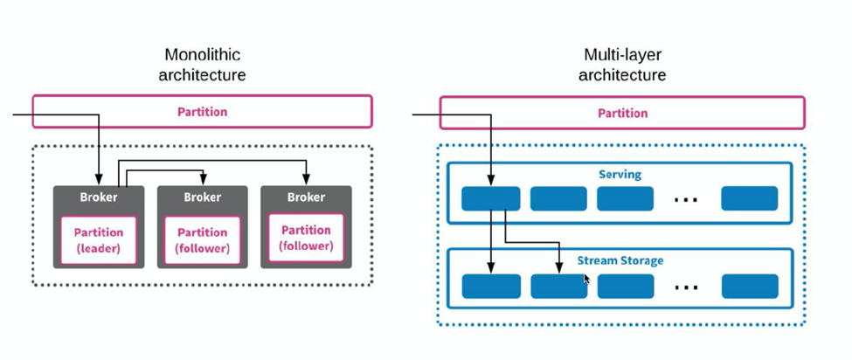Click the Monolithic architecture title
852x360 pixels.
[202, 64]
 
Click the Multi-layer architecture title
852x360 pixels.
[622, 64]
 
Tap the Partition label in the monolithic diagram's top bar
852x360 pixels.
[202, 112]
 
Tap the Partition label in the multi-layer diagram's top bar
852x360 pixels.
[623, 113]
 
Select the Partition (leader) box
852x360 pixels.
[99, 240]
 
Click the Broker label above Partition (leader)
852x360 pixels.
[99, 197]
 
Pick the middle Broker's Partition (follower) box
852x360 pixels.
[202, 240]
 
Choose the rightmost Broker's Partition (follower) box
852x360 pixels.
[306, 238]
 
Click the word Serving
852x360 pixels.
[620, 175]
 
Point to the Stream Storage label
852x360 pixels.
[620, 260]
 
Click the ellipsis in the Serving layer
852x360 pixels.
[686, 200]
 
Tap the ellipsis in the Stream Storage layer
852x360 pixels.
[686, 287]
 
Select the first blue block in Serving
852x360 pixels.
[490, 198]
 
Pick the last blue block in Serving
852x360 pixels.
[749, 198]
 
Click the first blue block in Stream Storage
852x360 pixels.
[490, 286]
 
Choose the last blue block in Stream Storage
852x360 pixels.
[750, 286]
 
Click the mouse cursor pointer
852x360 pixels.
[587, 279]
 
